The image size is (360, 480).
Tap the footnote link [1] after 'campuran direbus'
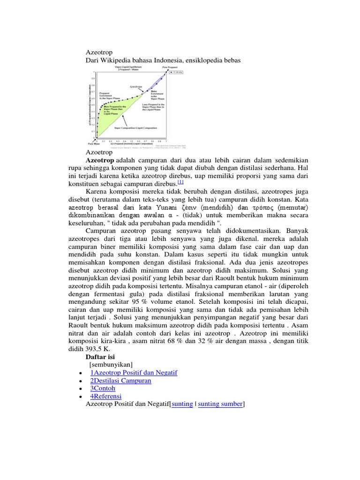point(180,182)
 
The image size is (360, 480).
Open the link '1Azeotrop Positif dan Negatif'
point(134,372)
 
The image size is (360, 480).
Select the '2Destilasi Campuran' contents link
point(120,380)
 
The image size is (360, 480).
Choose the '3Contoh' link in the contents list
point(103,388)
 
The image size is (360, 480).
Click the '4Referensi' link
point(106,396)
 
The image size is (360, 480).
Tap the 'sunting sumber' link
point(220,404)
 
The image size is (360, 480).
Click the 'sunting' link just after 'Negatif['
point(182,404)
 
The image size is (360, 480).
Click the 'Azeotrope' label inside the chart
point(136,87)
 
